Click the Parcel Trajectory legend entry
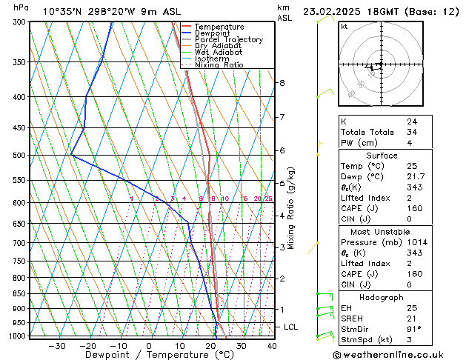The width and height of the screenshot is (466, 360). pos(228,39)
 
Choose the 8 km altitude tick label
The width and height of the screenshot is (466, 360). pos(282,82)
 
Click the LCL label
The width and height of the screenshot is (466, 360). pos(291,327)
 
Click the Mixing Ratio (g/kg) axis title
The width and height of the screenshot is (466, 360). pos(291,208)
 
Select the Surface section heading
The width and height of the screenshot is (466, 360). pos(382,155)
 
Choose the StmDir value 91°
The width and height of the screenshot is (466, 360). pos(413,329)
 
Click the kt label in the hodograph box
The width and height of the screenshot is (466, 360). pos(344,26)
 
